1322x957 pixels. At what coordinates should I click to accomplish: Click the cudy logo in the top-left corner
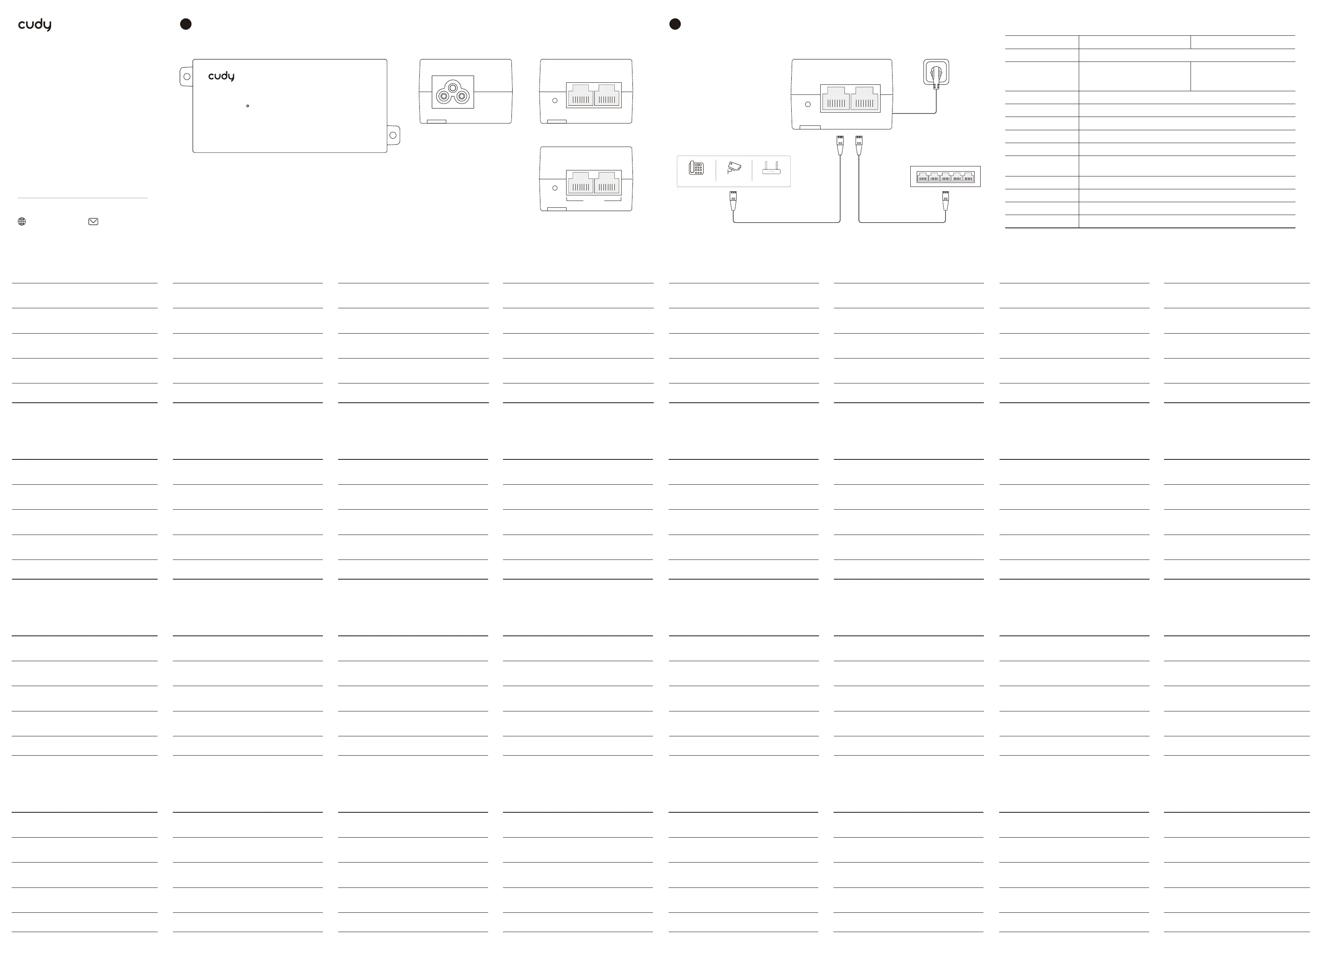click(x=35, y=25)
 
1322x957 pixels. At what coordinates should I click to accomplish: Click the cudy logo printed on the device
click(x=222, y=76)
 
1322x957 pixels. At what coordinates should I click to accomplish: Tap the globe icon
click(x=22, y=221)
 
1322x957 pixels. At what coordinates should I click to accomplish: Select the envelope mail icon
click(x=93, y=221)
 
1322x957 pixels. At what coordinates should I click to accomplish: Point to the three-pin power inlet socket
click(x=453, y=92)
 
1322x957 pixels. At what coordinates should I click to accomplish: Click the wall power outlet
click(x=936, y=72)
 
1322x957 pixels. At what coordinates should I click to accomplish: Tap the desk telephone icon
click(x=696, y=168)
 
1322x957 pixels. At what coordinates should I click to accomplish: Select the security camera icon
click(x=734, y=168)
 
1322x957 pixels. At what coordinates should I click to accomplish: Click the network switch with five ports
click(x=945, y=176)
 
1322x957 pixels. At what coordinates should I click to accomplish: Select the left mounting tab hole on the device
click(x=187, y=76)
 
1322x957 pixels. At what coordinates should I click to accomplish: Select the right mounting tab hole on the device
click(x=393, y=135)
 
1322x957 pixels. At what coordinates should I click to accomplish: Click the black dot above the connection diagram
click(x=675, y=24)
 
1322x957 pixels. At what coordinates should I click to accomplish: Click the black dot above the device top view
click(x=186, y=24)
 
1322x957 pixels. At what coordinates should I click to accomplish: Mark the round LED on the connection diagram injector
click(x=808, y=105)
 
